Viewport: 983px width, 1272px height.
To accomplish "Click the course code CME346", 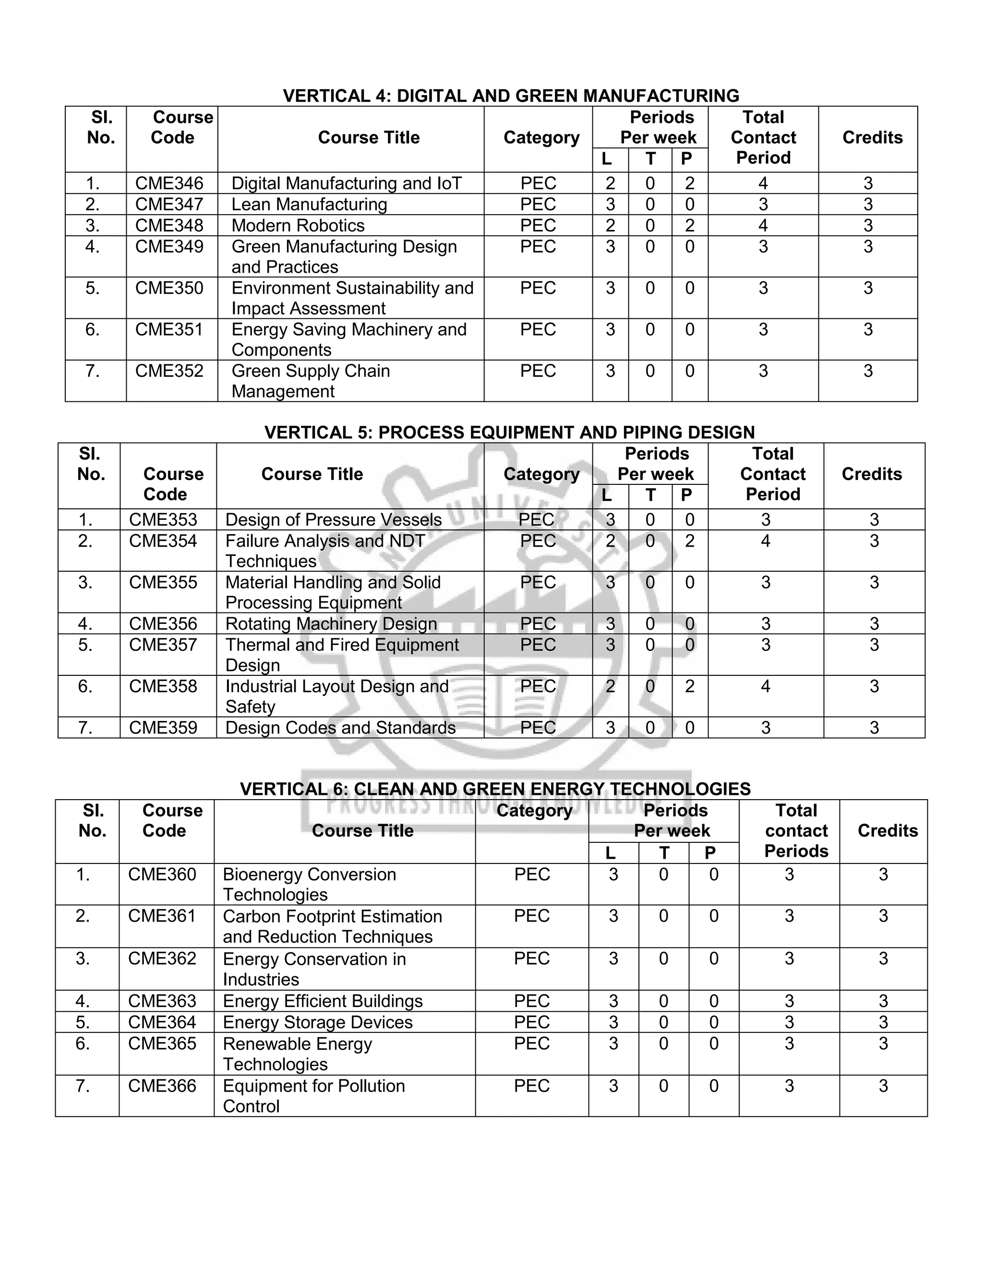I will click(169, 183).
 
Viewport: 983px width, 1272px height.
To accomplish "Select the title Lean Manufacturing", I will click(309, 204).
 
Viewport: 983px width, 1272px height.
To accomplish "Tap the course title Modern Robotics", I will click(298, 226).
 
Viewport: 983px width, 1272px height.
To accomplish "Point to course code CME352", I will click(169, 371).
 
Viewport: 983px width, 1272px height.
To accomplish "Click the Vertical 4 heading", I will click(511, 96).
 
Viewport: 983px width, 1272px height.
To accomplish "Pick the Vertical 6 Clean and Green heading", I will click(495, 789).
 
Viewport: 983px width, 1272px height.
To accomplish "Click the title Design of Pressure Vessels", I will click(333, 519).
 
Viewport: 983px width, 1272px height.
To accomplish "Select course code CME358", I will click(163, 686).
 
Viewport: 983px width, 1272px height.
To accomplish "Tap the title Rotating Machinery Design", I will click(331, 624).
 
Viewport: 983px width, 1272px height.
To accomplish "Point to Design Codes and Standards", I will click(340, 727).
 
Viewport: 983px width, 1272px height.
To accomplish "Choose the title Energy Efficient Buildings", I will click(323, 1001).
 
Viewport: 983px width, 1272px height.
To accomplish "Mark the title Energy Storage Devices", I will click(317, 1022).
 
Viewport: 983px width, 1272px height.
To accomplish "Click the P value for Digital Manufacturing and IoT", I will click(690, 183).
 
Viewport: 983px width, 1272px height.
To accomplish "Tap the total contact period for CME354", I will click(765, 541).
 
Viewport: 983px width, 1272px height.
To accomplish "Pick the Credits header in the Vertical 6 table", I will click(887, 830).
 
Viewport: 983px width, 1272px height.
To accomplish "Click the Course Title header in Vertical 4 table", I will click(369, 137).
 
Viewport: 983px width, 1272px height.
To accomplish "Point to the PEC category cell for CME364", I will click(532, 1022).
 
